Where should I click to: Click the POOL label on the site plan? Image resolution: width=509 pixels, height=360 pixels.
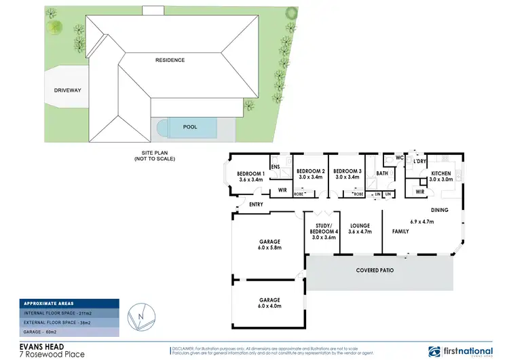(190, 126)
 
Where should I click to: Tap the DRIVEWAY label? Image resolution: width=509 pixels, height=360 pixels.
(67, 90)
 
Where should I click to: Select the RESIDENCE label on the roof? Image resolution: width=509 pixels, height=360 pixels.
(170, 60)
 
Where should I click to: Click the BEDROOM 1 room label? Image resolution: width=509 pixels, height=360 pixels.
(250, 175)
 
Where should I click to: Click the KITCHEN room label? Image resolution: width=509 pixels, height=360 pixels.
(441, 174)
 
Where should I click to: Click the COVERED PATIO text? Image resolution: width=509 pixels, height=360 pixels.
(375, 270)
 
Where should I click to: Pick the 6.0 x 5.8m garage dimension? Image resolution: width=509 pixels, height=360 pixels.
(269, 248)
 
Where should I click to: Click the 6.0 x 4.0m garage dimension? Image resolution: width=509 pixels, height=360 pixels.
(269, 306)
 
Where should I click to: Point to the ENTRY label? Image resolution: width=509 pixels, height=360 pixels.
(257, 204)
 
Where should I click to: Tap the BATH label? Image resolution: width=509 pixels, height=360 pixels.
(382, 173)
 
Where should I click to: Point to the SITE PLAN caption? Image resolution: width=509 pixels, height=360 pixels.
(154, 155)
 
